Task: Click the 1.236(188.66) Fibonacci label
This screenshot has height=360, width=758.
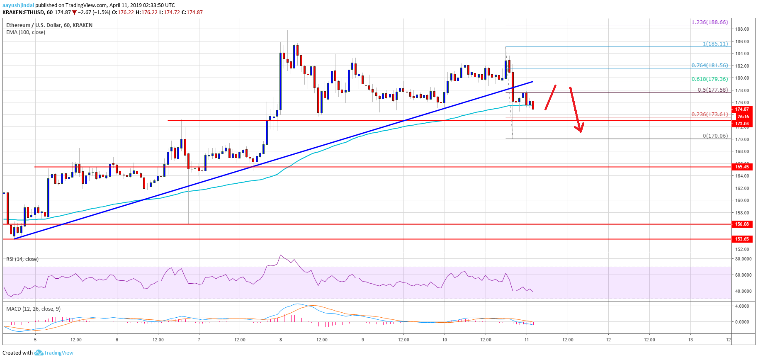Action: (x=709, y=22)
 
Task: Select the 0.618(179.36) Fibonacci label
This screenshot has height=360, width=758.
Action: (x=709, y=79)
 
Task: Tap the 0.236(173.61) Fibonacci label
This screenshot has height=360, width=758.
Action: (x=709, y=114)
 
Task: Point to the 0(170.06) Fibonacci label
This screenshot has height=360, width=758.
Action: (x=715, y=136)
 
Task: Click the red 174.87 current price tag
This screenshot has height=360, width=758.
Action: (x=742, y=109)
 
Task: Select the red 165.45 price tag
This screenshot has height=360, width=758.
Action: (x=742, y=167)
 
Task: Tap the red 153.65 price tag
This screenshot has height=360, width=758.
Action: (x=742, y=239)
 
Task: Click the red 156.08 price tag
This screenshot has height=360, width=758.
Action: (x=742, y=224)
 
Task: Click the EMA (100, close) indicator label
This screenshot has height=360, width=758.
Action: (x=26, y=32)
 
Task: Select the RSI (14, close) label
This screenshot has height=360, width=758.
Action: (x=22, y=259)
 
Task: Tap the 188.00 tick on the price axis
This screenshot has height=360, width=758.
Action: (x=742, y=29)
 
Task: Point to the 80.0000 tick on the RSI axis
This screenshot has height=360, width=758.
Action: (x=743, y=259)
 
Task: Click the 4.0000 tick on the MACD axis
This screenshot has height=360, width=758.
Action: (x=742, y=306)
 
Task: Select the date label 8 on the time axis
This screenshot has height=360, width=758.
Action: (x=281, y=340)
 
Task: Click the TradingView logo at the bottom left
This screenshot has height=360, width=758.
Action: (x=53, y=353)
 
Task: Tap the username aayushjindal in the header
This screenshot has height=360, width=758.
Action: (x=18, y=5)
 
